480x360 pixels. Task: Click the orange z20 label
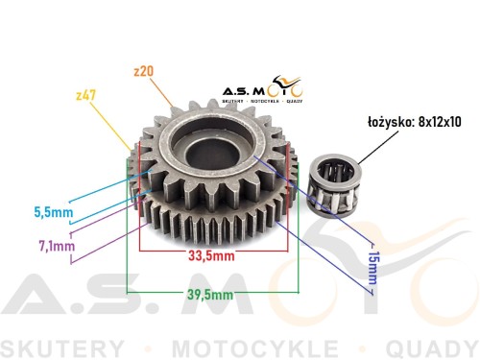tap(144, 71)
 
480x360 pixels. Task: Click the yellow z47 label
tap(86, 95)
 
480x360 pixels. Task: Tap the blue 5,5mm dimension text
tap(54, 212)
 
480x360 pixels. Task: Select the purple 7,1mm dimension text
tap(57, 246)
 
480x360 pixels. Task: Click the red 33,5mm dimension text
tap(211, 255)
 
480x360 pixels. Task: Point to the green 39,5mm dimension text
tap(210, 295)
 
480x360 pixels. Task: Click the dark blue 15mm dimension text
tap(373, 268)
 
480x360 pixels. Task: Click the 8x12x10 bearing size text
tap(440, 122)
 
